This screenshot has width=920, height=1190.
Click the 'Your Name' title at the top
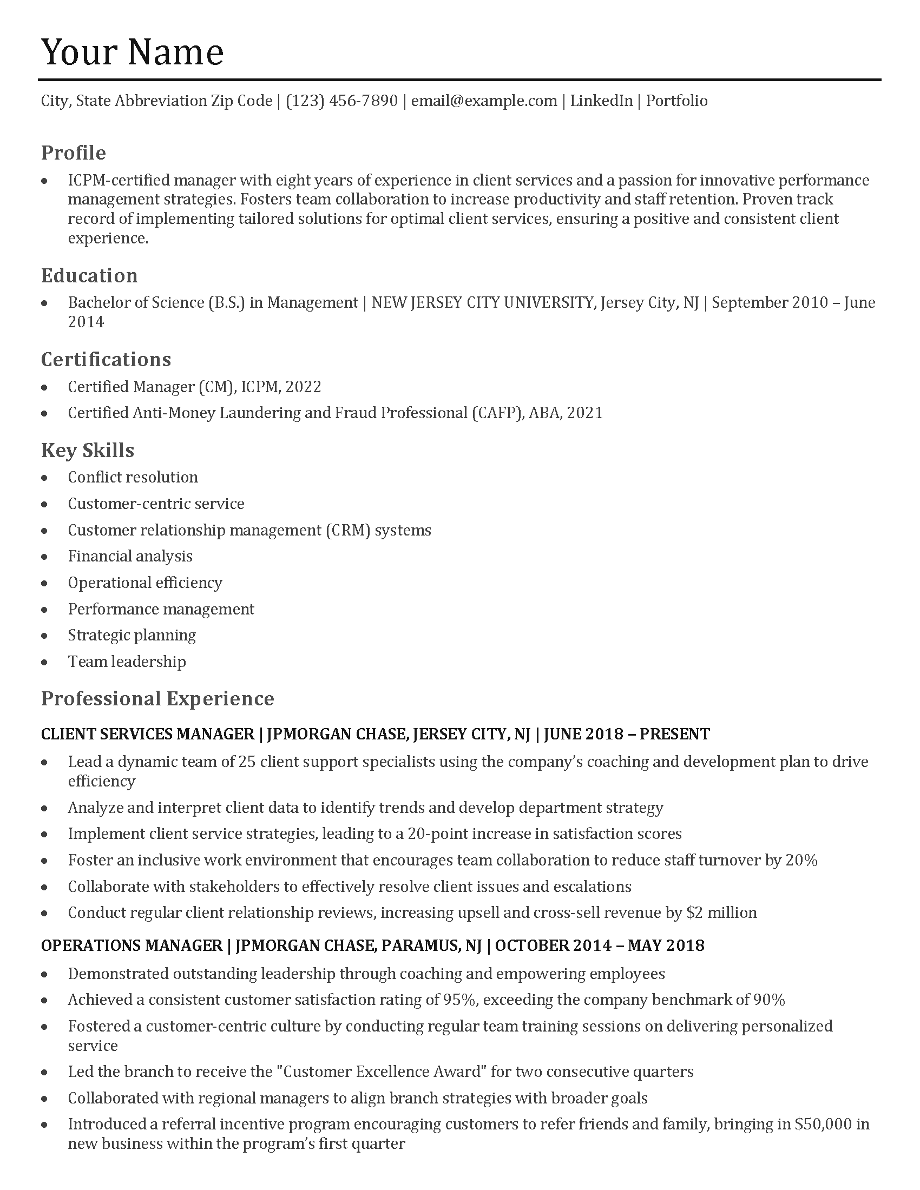point(132,52)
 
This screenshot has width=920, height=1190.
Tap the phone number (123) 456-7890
point(341,101)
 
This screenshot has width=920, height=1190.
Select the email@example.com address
point(484,101)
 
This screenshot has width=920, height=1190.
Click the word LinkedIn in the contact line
point(601,101)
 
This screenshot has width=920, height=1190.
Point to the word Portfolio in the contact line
point(676,101)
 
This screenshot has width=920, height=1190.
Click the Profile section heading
point(74,153)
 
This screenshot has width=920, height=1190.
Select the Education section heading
point(89,275)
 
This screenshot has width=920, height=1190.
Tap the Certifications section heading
point(106,359)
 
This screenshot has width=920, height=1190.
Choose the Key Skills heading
point(88,450)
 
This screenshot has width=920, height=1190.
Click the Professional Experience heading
point(157,698)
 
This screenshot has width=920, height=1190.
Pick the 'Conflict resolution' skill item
point(133,477)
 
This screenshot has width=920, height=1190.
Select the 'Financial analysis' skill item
point(130,556)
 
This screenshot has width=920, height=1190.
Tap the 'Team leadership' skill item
point(127,662)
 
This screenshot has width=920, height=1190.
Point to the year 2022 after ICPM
point(304,387)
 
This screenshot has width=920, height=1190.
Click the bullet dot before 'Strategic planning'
point(45,636)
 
